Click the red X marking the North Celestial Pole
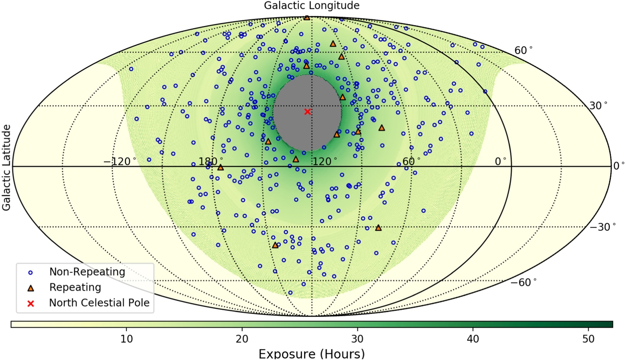click(x=307, y=112)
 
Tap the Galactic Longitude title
click(x=311, y=5)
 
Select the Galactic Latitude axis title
click(x=6, y=167)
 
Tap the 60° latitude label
click(x=524, y=50)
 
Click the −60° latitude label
click(x=524, y=282)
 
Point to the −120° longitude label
click(x=120, y=162)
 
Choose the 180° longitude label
click(x=211, y=162)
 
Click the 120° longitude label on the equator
click(x=324, y=162)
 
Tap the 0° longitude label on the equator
click(x=500, y=162)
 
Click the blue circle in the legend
click(x=30, y=273)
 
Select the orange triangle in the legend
click(x=30, y=288)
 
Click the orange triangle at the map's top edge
click(x=307, y=18)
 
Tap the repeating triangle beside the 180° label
click(x=221, y=167)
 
